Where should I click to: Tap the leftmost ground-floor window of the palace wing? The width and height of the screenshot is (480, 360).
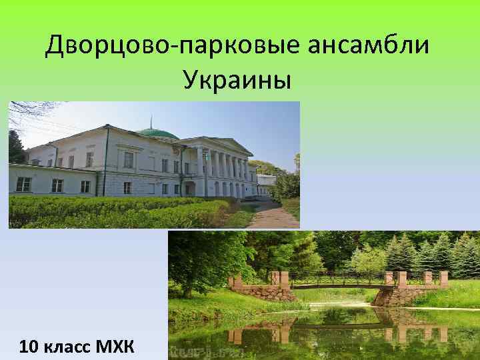click(x=23, y=185)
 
